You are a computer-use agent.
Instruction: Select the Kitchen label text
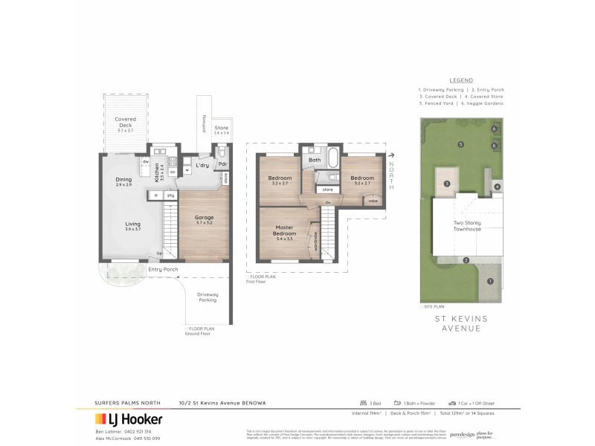(157, 174)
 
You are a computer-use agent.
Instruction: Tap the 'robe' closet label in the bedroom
(371, 201)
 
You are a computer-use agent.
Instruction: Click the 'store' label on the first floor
(328, 190)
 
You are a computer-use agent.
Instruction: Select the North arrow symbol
(390, 155)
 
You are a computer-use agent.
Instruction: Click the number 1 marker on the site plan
(489, 280)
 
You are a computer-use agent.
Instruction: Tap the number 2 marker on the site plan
(466, 260)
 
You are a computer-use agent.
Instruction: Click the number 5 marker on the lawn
(461, 144)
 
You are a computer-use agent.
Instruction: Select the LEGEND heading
(461, 80)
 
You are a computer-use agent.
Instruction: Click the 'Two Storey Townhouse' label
(466, 225)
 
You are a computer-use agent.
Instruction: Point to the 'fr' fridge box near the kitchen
(156, 195)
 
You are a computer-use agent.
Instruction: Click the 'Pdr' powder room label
(223, 166)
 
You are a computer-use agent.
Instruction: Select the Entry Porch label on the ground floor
(163, 269)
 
